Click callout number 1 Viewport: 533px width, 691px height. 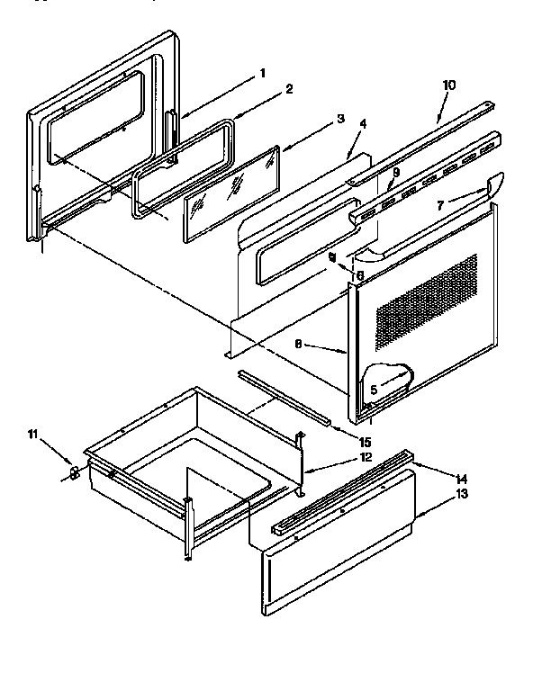click(x=262, y=73)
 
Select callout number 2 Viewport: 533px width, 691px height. click(x=290, y=89)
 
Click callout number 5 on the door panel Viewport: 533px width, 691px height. click(x=374, y=389)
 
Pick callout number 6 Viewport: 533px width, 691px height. click(x=359, y=275)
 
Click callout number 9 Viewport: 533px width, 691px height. click(x=394, y=173)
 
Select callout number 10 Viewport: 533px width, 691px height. click(x=449, y=85)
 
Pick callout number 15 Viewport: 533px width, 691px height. click(x=365, y=441)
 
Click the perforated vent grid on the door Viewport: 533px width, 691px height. click(x=425, y=301)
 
